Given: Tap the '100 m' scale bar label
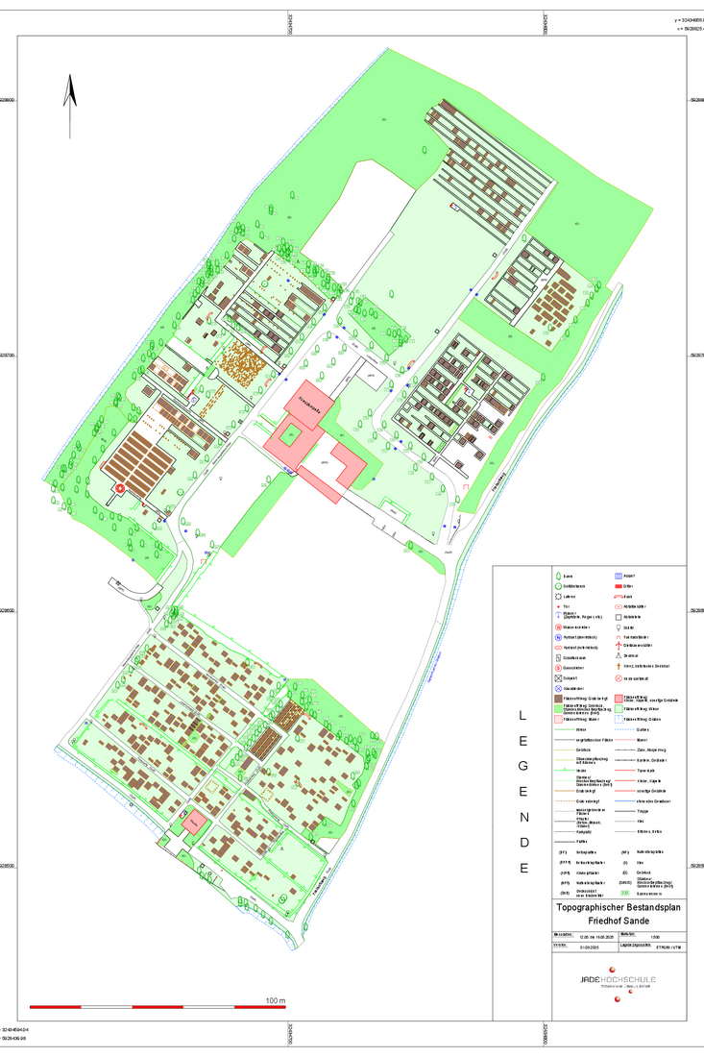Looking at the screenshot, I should [276, 1000].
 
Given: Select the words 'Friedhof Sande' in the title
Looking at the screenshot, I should [619, 920].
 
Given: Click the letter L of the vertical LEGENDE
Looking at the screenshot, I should [522, 715].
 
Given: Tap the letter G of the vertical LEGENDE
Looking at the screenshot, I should [522, 766].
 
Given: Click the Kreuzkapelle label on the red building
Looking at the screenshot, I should [307, 396].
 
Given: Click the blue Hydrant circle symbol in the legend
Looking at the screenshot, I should [557, 637].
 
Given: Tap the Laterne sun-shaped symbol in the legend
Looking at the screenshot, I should [557, 596].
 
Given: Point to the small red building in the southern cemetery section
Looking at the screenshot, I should [195, 823].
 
